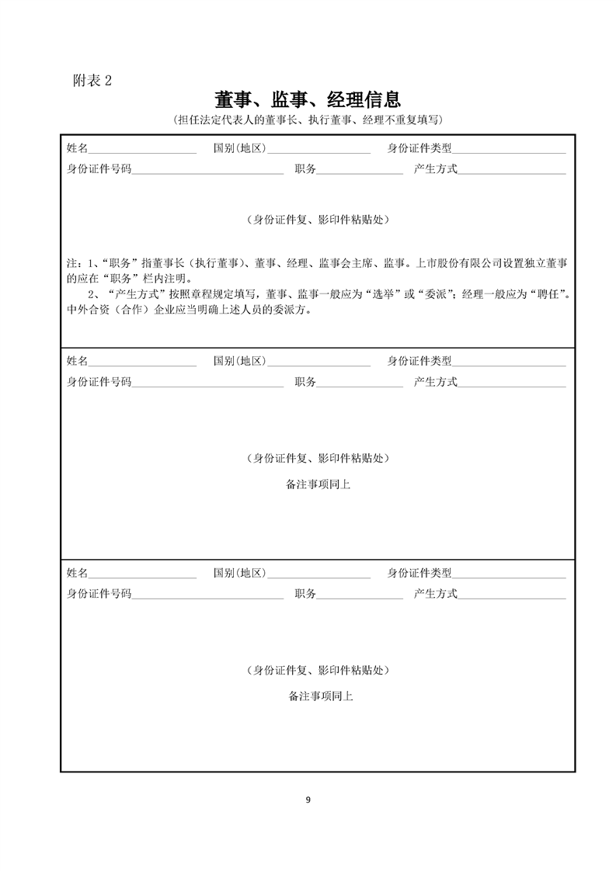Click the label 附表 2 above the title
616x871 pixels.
point(92,81)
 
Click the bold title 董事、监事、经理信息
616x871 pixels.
point(308,99)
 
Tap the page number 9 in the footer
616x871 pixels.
point(308,800)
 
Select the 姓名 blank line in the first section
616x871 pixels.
point(142,149)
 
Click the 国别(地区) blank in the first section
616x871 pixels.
point(318,149)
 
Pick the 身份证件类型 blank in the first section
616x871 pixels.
point(509,149)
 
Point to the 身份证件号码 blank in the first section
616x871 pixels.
point(207,169)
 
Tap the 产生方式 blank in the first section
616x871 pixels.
point(512,169)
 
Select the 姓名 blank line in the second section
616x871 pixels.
point(142,362)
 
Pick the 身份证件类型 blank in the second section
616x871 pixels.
point(509,362)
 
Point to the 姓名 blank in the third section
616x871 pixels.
point(142,574)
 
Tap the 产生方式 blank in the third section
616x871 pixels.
point(512,595)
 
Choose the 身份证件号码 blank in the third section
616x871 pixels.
point(207,595)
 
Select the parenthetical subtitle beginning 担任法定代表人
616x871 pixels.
point(308,120)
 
